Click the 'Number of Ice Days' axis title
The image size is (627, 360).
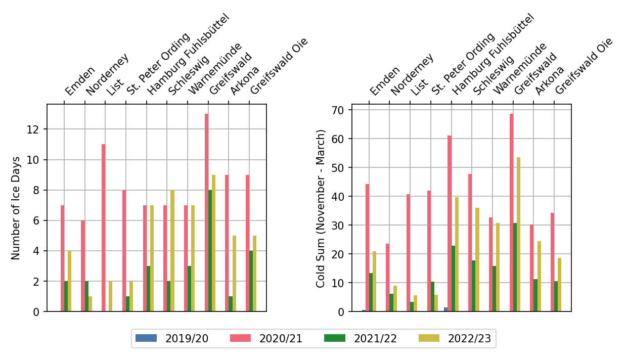(x=16, y=208)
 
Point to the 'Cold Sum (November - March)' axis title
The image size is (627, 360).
(x=321, y=208)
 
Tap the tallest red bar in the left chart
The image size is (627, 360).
(x=206, y=212)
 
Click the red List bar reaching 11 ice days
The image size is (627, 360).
(x=103, y=228)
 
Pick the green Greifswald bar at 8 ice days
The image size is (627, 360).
(x=210, y=250)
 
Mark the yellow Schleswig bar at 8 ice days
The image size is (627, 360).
(x=172, y=250)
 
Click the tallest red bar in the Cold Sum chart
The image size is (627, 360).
(x=511, y=212)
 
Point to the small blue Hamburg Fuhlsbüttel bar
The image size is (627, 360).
(x=445, y=309)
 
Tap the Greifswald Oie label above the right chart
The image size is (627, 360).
(x=584, y=66)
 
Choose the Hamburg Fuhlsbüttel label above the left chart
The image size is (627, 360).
(x=188, y=55)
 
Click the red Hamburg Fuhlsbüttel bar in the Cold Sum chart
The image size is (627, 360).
(x=450, y=223)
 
